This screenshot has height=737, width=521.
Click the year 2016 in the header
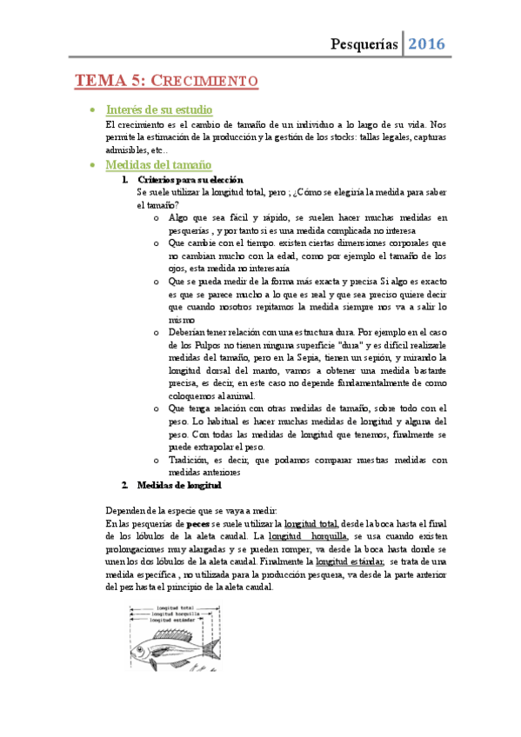click(426, 43)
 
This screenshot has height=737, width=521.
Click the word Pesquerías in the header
click(364, 43)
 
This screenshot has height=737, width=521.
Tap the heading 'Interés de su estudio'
click(155, 110)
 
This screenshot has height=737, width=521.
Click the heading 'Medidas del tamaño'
click(157, 165)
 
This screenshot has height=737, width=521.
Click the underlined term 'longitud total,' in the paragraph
click(311, 525)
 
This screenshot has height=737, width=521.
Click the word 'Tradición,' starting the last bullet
click(190, 460)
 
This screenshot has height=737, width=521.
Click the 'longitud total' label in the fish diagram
click(173, 608)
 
